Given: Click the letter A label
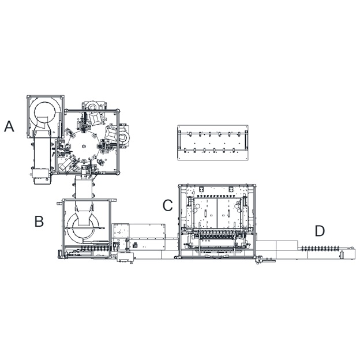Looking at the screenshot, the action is [9, 126].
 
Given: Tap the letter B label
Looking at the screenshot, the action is [39, 222].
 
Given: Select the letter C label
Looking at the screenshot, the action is [168, 205].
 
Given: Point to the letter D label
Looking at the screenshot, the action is [320, 231].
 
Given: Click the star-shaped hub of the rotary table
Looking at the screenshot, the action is [84, 146].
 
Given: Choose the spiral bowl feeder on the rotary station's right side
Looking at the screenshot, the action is [124, 137].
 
